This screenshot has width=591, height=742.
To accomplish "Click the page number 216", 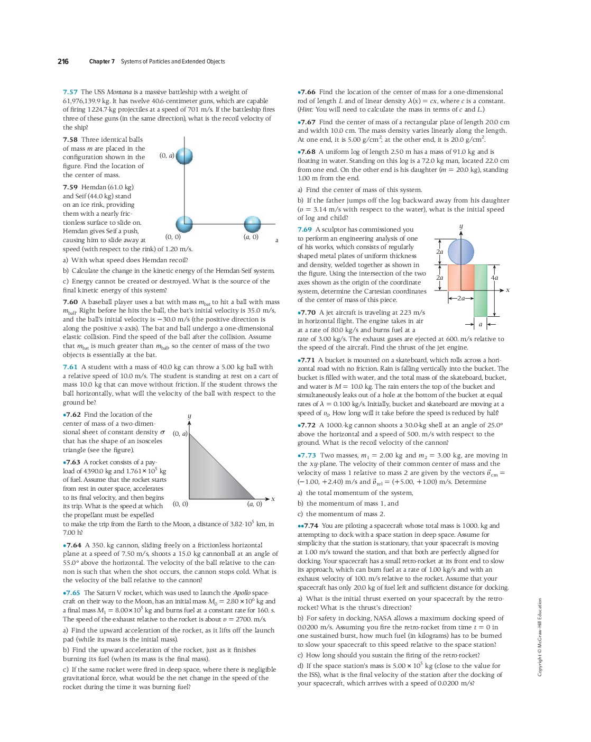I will coord(63,61).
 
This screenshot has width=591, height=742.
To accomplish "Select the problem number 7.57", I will coord(70,92).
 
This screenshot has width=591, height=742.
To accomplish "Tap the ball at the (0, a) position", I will coord(184,156).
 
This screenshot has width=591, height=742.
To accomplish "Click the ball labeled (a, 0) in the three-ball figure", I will coord(252,224).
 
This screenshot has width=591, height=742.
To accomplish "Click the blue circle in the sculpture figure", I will coord(461,252).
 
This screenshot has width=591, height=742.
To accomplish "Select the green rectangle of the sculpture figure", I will coord(481,290).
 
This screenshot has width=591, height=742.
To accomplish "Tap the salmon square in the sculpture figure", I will coord(460,277).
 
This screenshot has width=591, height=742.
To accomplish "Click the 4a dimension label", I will coord(494,277).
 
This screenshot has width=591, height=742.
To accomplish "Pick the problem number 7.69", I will coord(304,230).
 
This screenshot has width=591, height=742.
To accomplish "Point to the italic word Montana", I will coord(119,92).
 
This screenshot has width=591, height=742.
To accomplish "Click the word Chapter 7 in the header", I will coord(101,61).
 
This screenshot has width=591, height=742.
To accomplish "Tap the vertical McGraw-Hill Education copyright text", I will coord(540,637).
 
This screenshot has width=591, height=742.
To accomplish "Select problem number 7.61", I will coord(70,367).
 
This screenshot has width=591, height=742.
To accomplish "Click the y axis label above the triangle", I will coord(189,417).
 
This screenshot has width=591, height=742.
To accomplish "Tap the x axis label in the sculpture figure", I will coord(508,290).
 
